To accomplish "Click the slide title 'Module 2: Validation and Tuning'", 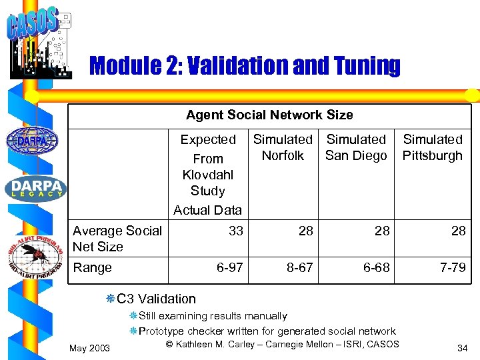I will [244, 66].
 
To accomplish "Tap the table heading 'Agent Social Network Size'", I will [269, 115].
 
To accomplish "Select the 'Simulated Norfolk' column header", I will [283, 147].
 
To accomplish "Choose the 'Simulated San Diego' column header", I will [356, 147].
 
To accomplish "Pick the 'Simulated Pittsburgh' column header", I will [433, 147].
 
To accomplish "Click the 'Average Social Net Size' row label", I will [117, 239].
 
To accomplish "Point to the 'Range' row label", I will [92, 267].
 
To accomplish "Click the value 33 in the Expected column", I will [235, 231].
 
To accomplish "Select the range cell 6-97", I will [229, 267].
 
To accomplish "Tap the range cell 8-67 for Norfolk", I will [299, 267].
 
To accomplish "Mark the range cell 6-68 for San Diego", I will [377, 267].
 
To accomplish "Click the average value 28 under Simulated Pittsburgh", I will [458, 231].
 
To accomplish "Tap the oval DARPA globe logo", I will [32, 141].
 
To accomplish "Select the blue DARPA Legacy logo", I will [35, 189].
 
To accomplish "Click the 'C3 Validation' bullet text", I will [156, 299].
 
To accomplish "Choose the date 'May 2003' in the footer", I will [90, 347].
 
